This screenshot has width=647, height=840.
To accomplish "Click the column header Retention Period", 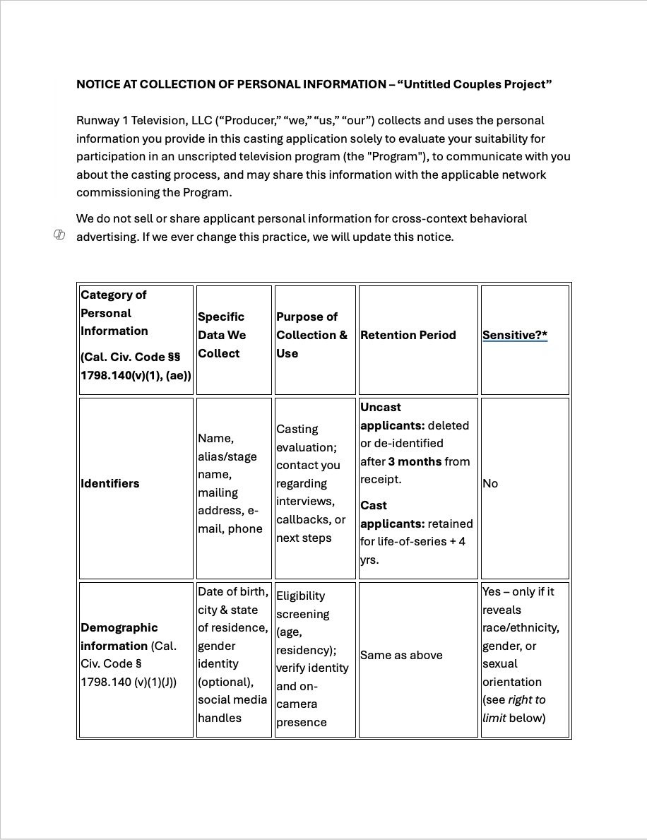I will coord(408,335).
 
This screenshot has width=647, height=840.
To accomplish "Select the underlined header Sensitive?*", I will coord(514,335).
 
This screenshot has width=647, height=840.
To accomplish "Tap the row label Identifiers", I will coord(110,483).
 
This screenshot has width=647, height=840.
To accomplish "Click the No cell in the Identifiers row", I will coord(490,483).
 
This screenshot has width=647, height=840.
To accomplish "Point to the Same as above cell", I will coord(401,655).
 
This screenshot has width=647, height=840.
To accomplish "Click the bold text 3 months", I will coord(415,461).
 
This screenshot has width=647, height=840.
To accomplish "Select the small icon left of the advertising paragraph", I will coord(59,235).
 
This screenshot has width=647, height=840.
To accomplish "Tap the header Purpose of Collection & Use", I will coord(311,335).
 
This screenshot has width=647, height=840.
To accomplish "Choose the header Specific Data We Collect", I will coord(222,335).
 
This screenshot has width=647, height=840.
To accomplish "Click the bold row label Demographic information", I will coord(119,637).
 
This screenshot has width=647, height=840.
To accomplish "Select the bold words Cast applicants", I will coord(391,514).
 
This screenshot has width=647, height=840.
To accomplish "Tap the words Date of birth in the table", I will coord(232,591).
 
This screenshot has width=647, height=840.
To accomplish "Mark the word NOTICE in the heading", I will coord(97,85).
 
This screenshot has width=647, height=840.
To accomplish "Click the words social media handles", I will coord(232,709).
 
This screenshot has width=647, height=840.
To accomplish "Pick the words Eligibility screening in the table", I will coord(302,605).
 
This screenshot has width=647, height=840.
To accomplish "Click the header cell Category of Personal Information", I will coord(114,313).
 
